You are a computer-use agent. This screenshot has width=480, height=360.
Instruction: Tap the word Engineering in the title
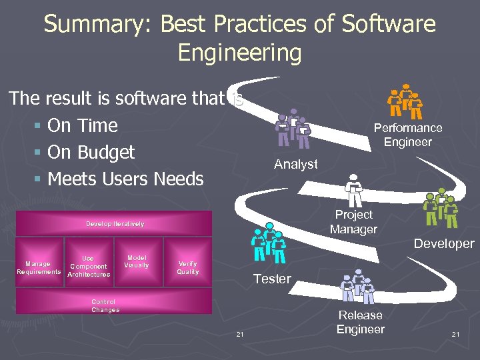[239, 53]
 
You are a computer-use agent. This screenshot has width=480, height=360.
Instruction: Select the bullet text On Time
[83, 125]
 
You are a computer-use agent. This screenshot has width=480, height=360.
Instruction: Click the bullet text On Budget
[91, 152]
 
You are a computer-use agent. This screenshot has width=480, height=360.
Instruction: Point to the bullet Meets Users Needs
[125, 179]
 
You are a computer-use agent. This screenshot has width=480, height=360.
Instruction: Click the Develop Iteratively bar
[115, 223]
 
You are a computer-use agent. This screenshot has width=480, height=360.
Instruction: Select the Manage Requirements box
[38, 268]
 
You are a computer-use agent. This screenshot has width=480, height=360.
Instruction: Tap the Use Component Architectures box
[89, 266]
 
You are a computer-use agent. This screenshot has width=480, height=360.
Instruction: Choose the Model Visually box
[137, 261]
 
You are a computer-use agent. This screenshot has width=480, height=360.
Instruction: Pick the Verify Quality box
[188, 268]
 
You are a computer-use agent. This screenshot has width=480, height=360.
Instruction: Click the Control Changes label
[105, 306]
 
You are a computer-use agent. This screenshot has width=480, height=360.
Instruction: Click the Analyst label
[296, 164]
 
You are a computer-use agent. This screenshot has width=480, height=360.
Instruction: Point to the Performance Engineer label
[407, 135]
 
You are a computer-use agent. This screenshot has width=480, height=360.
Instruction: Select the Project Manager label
[353, 222]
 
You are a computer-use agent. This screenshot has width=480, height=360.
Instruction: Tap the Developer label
[443, 244]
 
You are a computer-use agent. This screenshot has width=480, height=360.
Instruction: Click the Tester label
[272, 279]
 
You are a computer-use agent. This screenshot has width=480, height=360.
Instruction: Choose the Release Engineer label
[360, 322]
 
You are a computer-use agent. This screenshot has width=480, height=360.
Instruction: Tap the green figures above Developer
[441, 209]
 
